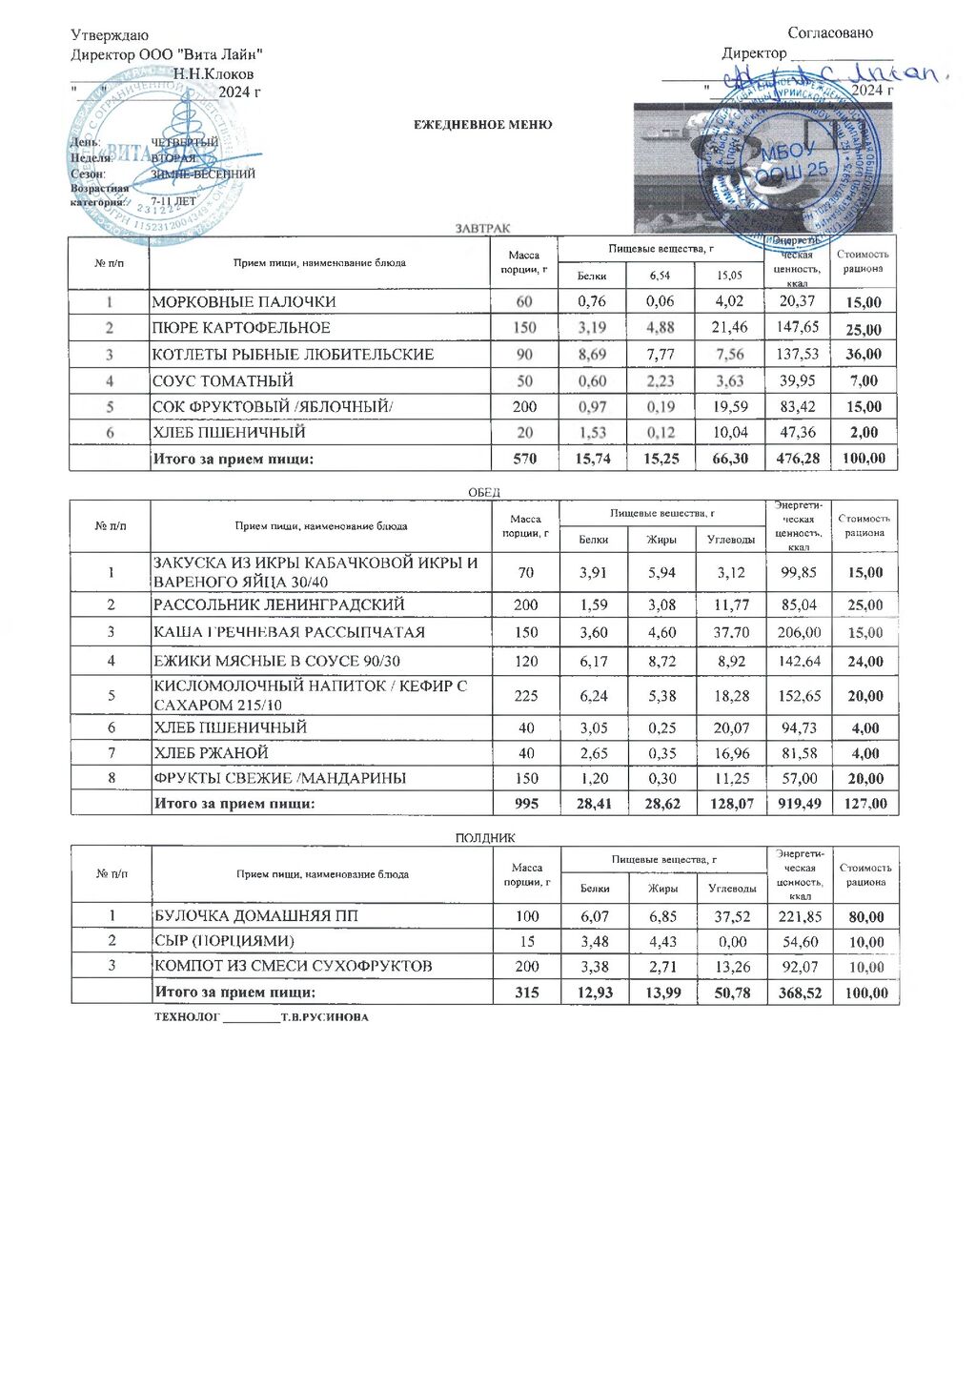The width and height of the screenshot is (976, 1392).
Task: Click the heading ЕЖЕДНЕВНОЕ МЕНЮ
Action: (x=482, y=125)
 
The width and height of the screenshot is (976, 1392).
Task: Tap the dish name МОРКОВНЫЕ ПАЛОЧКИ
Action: (x=244, y=302)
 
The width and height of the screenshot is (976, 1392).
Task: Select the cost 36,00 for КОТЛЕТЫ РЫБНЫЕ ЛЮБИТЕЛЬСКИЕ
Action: (x=864, y=355)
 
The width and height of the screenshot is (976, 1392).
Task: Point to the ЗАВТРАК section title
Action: (x=482, y=228)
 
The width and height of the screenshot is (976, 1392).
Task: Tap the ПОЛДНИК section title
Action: (x=484, y=837)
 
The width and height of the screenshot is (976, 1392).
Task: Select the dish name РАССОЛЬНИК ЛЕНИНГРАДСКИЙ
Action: (x=279, y=604)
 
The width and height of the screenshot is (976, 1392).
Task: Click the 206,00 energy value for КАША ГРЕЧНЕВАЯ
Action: (x=799, y=632)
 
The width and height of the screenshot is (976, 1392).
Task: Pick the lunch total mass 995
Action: (x=525, y=804)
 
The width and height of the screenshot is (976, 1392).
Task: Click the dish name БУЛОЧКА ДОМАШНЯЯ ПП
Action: (x=256, y=916)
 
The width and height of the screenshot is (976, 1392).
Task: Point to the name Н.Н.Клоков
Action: (x=213, y=73)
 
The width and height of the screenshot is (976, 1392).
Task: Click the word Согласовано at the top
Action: (x=830, y=33)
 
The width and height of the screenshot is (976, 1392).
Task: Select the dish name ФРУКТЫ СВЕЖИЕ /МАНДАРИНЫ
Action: (x=280, y=778)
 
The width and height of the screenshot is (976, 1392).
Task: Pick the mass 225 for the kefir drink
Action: (x=525, y=696)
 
